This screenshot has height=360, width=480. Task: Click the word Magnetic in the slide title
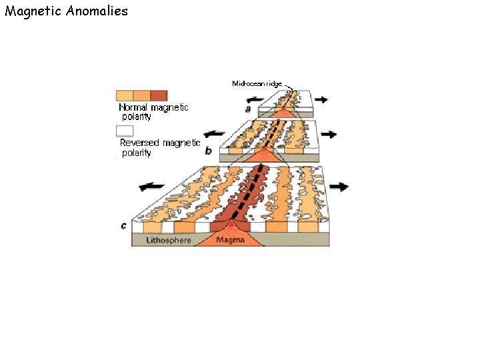(x=33, y=11)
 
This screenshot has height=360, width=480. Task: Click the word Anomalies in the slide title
(x=97, y=11)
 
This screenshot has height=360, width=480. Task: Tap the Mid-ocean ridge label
(x=257, y=84)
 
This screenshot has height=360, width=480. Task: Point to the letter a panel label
(x=248, y=107)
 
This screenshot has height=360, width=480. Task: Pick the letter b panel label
(x=208, y=151)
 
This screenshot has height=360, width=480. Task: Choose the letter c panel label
(x=124, y=226)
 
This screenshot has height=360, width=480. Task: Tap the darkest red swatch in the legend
(x=159, y=95)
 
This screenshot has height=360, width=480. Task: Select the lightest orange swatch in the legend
(x=125, y=95)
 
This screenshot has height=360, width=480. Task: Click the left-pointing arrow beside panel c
(x=152, y=186)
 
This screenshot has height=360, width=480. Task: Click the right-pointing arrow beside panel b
(x=329, y=134)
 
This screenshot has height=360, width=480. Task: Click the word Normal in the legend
(x=133, y=107)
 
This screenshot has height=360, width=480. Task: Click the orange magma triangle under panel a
(x=284, y=114)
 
